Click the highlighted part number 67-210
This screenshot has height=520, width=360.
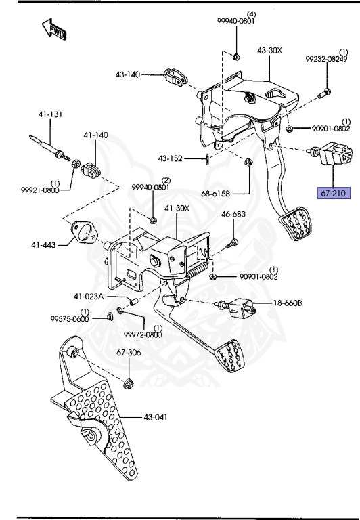tap(333, 193)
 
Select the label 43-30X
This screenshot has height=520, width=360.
tap(269, 51)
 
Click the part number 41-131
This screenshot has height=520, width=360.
tap(50, 115)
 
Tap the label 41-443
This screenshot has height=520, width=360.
tap(43, 244)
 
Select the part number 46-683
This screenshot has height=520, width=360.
tap(233, 215)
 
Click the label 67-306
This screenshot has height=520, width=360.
tap(129, 353)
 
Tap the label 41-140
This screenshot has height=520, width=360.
tap(95, 135)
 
